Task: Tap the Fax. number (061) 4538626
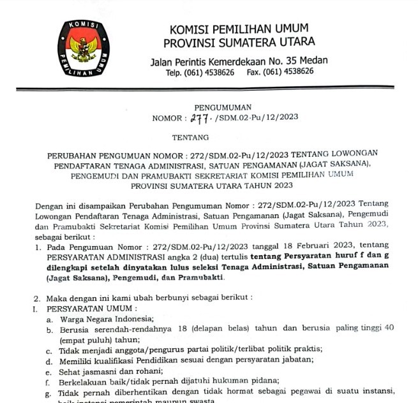(x=289, y=73)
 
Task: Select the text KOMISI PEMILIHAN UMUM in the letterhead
(x=239, y=29)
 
